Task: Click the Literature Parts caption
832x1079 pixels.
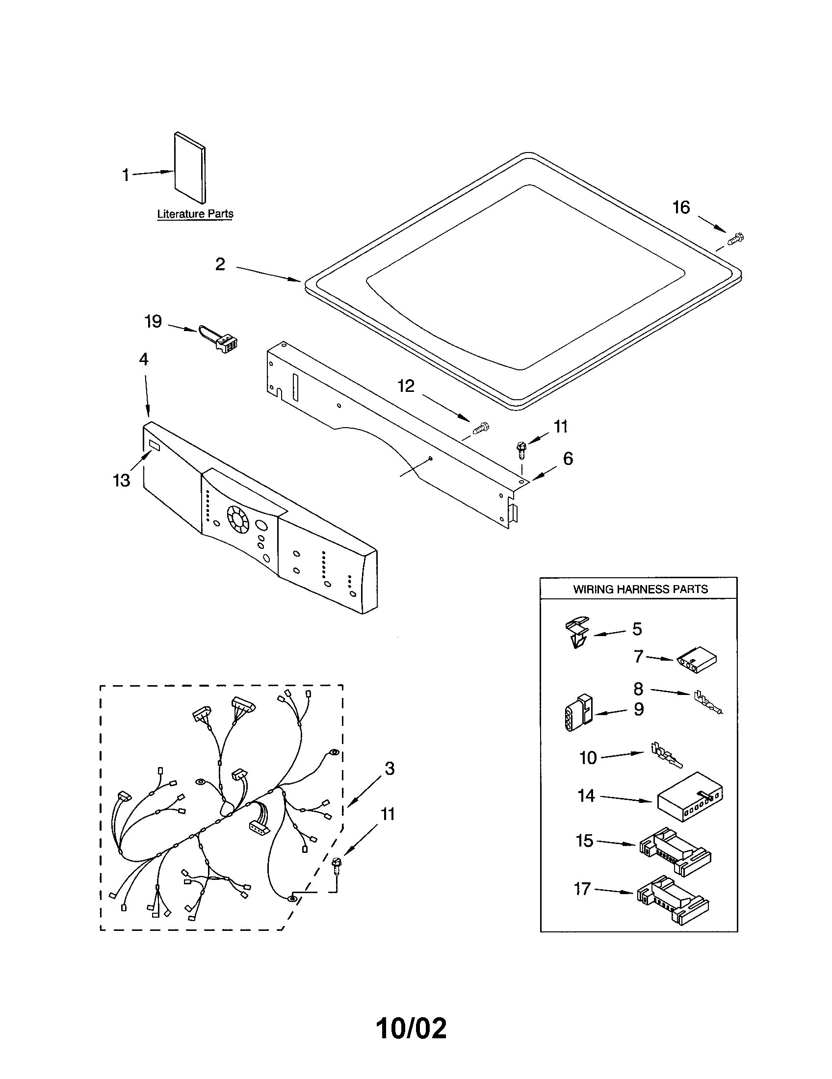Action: point(195,214)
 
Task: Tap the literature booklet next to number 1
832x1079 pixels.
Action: point(190,168)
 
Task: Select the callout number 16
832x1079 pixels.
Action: point(681,207)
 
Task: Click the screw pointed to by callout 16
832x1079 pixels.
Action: point(736,239)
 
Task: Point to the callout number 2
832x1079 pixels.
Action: point(220,264)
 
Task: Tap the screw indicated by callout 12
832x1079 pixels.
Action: point(481,428)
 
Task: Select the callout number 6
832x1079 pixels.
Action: point(568,459)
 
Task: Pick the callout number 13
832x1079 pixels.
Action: point(122,480)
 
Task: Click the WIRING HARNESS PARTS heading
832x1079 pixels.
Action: point(640,589)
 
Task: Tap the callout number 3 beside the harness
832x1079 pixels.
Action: point(390,768)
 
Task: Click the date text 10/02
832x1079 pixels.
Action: point(411,1028)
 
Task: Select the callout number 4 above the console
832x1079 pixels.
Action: point(143,359)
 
